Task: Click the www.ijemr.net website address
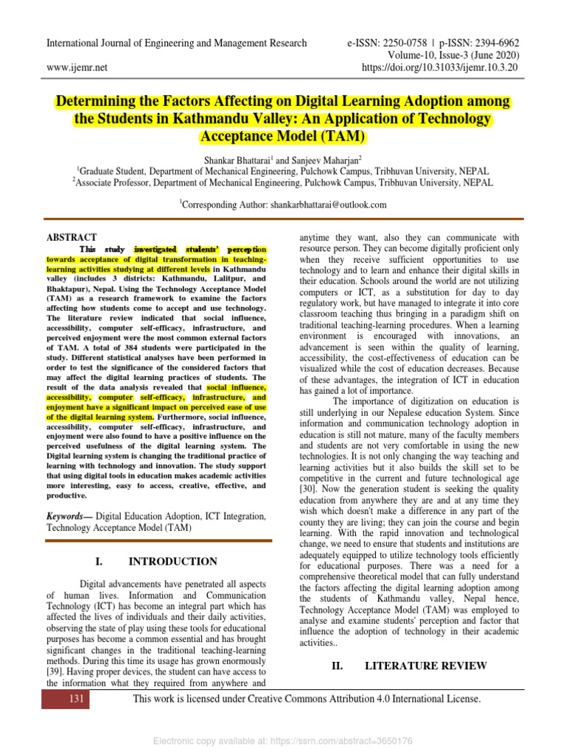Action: (x=77, y=67)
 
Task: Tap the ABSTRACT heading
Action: (x=71, y=237)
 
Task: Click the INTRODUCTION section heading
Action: (x=173, y=562)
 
